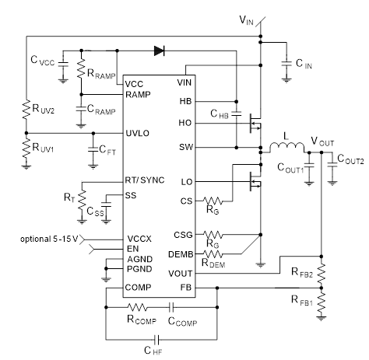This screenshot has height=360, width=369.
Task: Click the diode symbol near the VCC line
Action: click(159, 51)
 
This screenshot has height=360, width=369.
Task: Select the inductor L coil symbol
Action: click(286, 147)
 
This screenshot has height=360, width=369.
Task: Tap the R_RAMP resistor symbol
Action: click(81, 68)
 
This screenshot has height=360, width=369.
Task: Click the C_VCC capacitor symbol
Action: click(63, 64)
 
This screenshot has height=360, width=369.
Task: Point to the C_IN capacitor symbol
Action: click(286, 64)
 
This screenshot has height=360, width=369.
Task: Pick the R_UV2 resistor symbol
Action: click(26, 110)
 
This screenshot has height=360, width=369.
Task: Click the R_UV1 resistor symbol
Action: click(26, 148)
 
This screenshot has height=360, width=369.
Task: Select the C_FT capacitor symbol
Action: click(93, 149)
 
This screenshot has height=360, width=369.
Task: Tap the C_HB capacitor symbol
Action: click(237, 114)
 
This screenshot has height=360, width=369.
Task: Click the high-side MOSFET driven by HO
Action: click(255, 124)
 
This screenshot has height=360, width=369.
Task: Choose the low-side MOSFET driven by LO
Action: click(255, 181)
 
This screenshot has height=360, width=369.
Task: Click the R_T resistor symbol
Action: click(82, 200)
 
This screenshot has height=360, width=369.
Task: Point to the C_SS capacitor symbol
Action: click(106, 204)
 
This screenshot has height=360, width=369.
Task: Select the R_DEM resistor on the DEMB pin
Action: click(213, 253)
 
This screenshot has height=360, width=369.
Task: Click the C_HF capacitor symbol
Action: click(156, 339)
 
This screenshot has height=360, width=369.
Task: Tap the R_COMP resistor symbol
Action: click(138, 307)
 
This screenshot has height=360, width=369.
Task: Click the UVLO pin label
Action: click(138, 133)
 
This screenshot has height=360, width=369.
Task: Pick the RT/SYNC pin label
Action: click(145, 180)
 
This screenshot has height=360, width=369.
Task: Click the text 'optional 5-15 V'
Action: click(49, 239)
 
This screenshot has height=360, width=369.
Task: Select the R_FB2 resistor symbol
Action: click(322, 274)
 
